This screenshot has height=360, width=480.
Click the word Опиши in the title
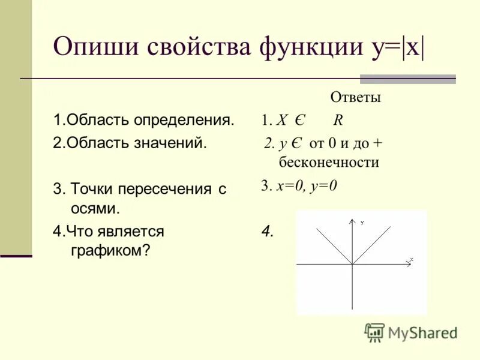pyautogui.click(x=91, y=47)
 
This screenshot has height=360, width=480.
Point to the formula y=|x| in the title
pyautogui.click(x=392, y=47)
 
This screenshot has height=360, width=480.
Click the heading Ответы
pyautogui.click(x=355, y=97)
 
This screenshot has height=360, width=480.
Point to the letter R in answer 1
pyautogui.click(x=338, y=120)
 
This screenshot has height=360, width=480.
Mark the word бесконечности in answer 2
pyautogui.click(x=329, y=162)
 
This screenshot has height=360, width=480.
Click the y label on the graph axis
pyautogui.click(x=362, y=223)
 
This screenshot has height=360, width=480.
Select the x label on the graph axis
pyautogui.click(x=412, y=259)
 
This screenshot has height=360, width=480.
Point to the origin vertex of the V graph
pyautogui.click(x=351, y=263)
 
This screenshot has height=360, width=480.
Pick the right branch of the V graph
pyautogui.click(x=372, y=244)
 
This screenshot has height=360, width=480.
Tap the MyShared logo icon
pyautogui.click(x=375, y=332)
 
